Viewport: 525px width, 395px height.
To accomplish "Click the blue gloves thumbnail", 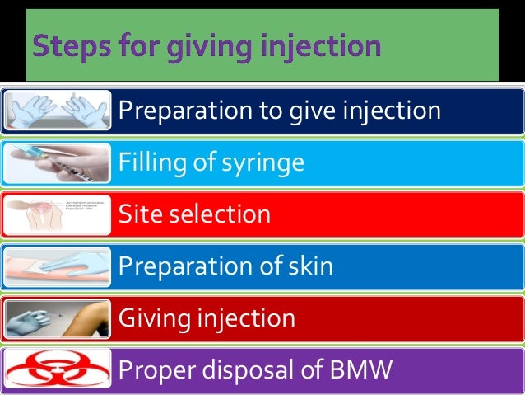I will (x=58, y=110).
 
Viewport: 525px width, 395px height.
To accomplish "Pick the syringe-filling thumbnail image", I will (x=58, y=162).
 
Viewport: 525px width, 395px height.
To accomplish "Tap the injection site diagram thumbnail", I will (x=58, y=214).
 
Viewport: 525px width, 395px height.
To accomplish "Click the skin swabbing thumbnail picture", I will (x=58, y=266).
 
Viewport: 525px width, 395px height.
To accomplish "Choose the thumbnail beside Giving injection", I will (x=58, y=317).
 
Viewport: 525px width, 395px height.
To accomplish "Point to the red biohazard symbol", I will (x=58, y=369).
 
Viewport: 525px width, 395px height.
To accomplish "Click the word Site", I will (x=139, y=214).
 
